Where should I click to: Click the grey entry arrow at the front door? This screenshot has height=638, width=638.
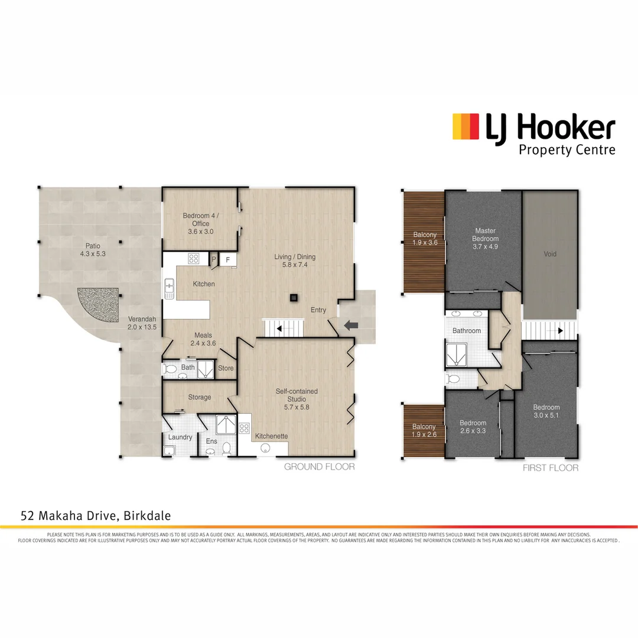(x=351, y=324)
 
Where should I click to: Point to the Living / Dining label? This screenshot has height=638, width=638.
(x=295, y=261)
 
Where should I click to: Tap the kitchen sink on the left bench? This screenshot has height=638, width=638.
(x=170, y=287)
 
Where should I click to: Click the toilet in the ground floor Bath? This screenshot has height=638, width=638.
(x=171, y=370)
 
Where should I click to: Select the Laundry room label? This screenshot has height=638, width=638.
(x=180, y=437)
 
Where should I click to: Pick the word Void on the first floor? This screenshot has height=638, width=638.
(x=550, y=254)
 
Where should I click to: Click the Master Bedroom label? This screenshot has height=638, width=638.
(x=485, y=239)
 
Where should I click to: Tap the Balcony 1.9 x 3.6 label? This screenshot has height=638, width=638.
(x=424, y=239)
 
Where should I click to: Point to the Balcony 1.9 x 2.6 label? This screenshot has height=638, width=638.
(x=424, y=431)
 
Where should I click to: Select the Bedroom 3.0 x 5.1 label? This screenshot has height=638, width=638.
(x=546, y=411)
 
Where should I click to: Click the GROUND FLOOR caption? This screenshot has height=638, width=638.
(x=320, y=467)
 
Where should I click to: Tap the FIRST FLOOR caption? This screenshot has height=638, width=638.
(x=551, y=468)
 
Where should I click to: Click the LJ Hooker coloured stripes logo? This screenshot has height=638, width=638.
(x=465, y=126)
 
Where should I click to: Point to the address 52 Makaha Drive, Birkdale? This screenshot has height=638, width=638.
(x=96, y=516)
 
